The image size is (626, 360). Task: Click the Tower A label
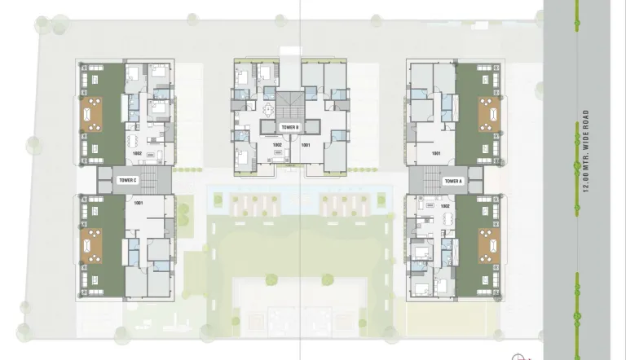click(x=453, y=181)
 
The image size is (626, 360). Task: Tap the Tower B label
click(x=290, y=128)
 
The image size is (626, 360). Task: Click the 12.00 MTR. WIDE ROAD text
click(x=586, y=151)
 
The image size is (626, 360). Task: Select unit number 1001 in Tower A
click(x=436, y=153)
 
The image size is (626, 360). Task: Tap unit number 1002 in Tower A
click(x=444, y=207)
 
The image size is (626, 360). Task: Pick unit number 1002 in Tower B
click(x=277, y=145)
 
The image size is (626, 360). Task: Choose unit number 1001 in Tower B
click(x=306, y=145)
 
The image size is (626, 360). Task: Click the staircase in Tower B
click(x=289, y=104)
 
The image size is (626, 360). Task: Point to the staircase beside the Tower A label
click(x=424, y=180)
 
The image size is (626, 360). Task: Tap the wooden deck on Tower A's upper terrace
click(x=489, y=114)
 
